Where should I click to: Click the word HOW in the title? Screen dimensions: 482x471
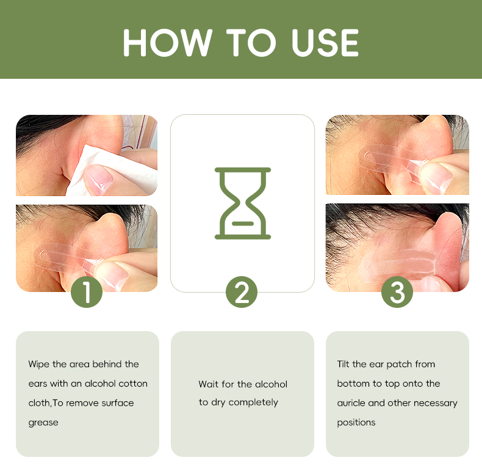pyautogui.click(x=168, y=43)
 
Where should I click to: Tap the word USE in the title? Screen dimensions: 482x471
pyautogui.click(x=325, y=43)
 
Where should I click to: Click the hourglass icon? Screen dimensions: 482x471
pyautogui.click(x=243, y=203)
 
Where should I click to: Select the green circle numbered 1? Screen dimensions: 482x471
pyautogui.click(x=87, y=292)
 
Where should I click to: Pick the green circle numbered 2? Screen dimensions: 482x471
pyautogui.click(x=242, y=292)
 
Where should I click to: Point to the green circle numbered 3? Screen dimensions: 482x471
pyautogui.click(x=397, y=292)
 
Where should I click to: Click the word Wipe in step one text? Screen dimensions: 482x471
pyautogui.click(x=39, y=365)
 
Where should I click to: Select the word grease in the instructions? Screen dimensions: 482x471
pyautogui.click(x=43, y=423)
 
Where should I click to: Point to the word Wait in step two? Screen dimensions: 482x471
pyautogui.click(x=209, y=384)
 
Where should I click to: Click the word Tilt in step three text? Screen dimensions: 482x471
pyautogui.click(x=344, y=364)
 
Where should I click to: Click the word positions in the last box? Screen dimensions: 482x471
pyautogui.click(x=356, y=423)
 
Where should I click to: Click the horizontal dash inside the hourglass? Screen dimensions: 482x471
pyautogui.click(x=243, y=224)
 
